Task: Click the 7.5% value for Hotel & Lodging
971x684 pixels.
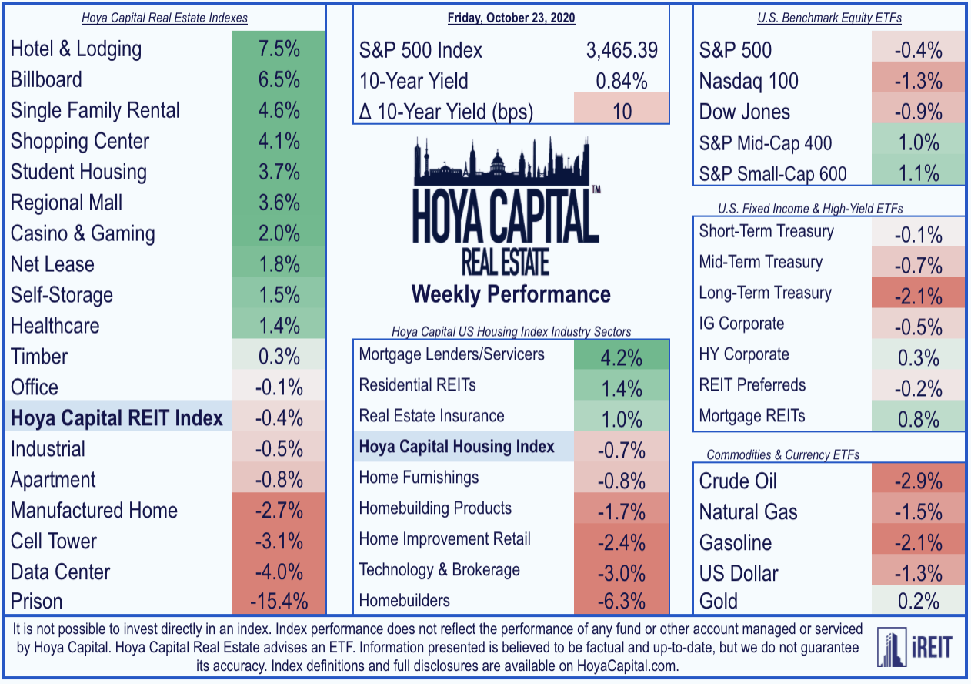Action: pyautogui.click(x=279, y=49)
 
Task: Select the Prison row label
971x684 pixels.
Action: pyautogui.click(x=36, y=601)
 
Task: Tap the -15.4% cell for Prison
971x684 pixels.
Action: pyautogui.click(x=279, y=601)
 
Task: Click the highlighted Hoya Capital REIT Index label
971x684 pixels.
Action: pyautogui.click(x=116, y=418)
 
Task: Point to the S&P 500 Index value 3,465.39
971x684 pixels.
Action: pyautogui.click(x=622, y=50)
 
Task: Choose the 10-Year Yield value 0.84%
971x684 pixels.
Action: pyautogui.click(x=622, y=81)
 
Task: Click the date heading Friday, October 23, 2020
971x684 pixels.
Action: pyautogui.click(x=511, y=18)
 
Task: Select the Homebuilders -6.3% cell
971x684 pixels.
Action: pyautogui.click(x=621, y=601)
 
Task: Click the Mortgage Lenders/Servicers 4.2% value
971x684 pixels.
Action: pyautogui.click(x=621, y=358)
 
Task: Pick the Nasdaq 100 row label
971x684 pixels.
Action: pyautogui.click(x=748, y=81)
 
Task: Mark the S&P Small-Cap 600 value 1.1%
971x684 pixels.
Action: pyautogui.click(x=919, y=173)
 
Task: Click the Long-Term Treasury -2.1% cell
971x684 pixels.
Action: pyautogui.click(x=919, y=297)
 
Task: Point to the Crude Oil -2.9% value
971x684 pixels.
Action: pyautogui.click(x=919, y=481)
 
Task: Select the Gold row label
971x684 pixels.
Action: pyautogui.click(x=719, y=601)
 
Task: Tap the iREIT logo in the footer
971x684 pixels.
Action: pyautogui.click(x=914, y=647)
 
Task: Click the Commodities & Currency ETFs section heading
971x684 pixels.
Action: pyautogui.click(x=782, y=454)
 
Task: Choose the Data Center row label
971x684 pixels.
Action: pyautogui.click(x=60, y=572)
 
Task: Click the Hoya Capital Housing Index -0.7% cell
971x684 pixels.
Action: pyautogui.click(x=621, y=450)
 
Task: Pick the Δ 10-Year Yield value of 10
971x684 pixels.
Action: pyautogui.click(x=622, y=112)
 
